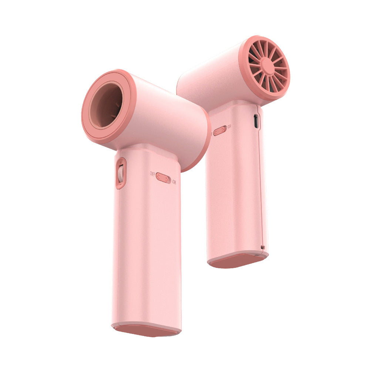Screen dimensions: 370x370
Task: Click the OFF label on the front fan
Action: coord(152,174)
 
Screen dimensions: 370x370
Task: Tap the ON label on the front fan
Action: coord(174,182)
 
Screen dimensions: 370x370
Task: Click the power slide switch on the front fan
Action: coord(163,178)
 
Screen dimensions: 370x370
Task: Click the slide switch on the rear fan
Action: coord(220,130)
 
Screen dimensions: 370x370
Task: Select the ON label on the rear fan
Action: coord(229,127)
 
